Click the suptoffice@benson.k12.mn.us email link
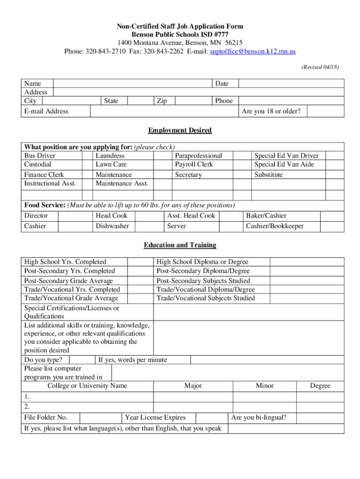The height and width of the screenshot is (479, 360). (x=252, y=51)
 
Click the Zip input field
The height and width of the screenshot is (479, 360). (x=193, y=101)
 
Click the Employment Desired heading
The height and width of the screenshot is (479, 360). (x=180, y=130)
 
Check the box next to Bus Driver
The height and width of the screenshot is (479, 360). (x=87, y=156)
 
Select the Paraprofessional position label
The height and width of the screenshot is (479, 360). (x=198, y=156)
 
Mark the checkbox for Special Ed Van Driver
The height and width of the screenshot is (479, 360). (x=335, y=156)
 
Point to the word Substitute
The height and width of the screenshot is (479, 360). (x=268, y=175)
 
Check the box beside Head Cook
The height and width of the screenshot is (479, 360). (x=146, y=216)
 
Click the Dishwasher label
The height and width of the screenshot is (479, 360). (x=112, y=226)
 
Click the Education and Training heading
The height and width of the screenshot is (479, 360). (x=180, y=245)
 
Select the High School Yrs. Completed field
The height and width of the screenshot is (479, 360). (x=140, y=262)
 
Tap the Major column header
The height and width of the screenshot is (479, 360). (x=193, y=386)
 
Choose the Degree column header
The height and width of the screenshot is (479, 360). (x=320, y=386)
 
